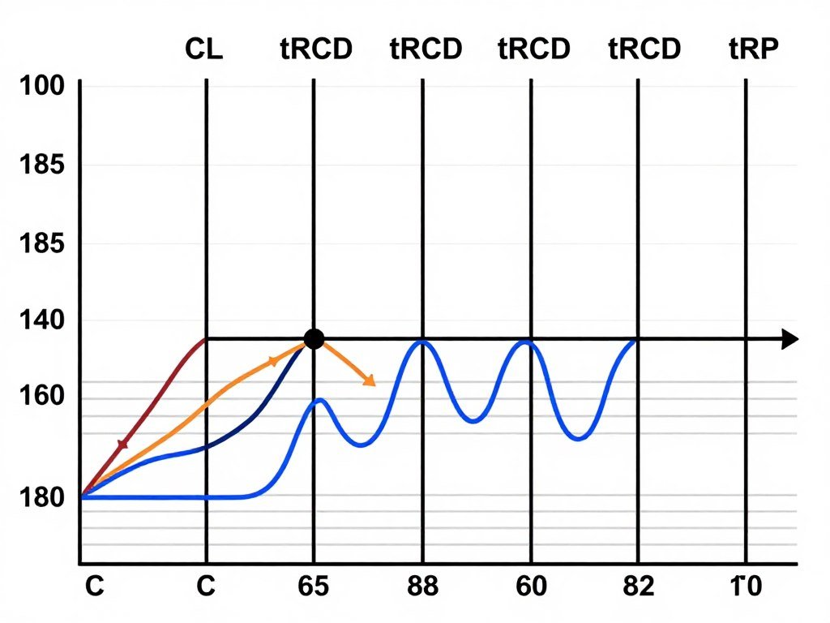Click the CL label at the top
pos(203,50)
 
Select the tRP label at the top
pos(754,50)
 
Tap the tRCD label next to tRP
pos(644,50)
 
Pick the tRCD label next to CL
pos(315,50)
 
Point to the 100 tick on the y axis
pos(36,86)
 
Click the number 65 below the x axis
pos(314,586)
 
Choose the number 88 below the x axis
pos(422,586)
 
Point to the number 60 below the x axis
pos(531,586)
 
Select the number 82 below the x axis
pos(638,586)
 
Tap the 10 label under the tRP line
pos(746,586)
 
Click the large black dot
pos(314,339)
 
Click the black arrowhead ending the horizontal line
pos(789,340)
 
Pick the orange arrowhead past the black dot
pos(369,380)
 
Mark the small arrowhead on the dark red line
pos(123,444)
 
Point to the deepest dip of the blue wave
pos(578,439)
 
